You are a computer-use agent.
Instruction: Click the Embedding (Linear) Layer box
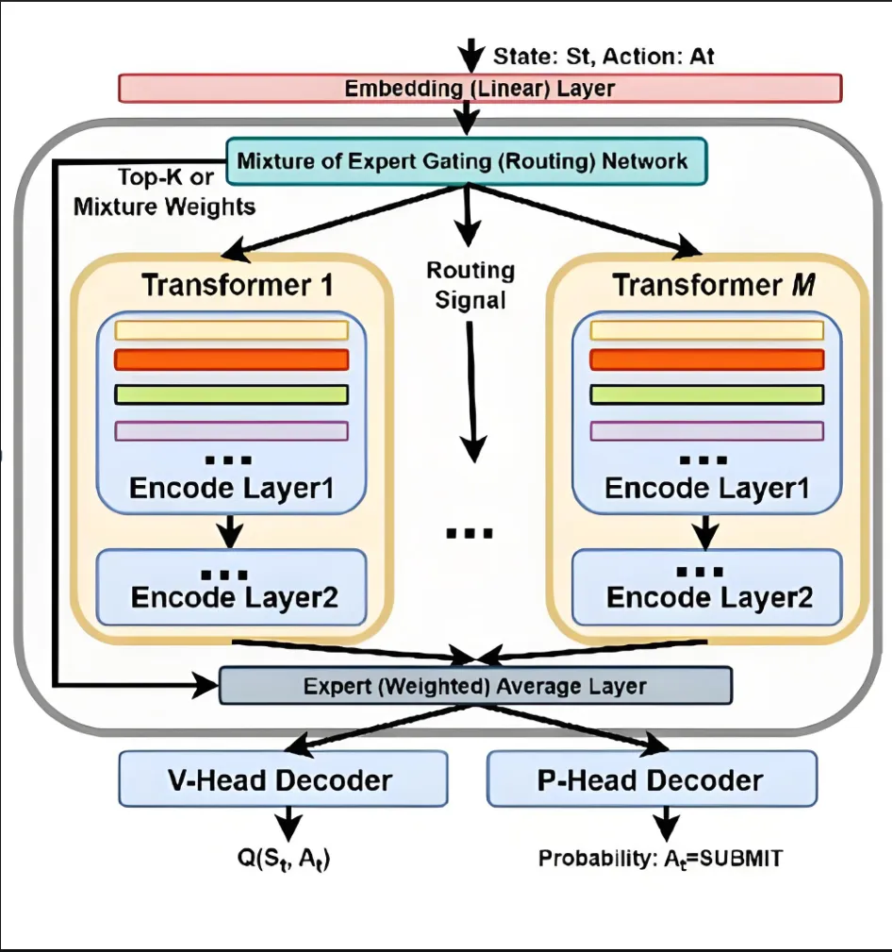479,89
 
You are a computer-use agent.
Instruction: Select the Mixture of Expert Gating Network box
463,160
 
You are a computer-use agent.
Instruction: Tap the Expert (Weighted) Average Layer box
475,686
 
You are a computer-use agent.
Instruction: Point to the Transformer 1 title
237,285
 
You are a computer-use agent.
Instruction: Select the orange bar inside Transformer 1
231,360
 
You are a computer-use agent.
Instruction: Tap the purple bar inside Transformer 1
231,431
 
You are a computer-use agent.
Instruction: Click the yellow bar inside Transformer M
706,329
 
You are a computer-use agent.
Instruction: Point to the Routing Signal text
470,286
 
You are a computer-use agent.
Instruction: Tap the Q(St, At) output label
288,859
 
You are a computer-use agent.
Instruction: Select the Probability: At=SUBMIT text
661,859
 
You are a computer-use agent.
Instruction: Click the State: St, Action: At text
603,56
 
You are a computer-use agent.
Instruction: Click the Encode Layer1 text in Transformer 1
233,489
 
